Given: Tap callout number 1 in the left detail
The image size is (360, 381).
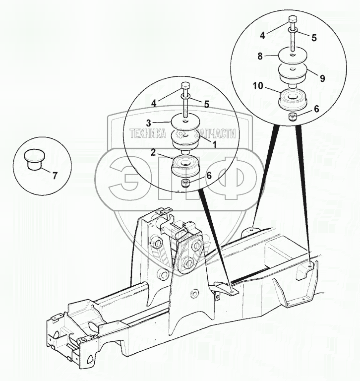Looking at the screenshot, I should tap(214, 144).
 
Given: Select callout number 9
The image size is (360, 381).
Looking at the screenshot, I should tap(322, 77).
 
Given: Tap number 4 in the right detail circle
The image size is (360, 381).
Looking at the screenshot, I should tap(263, 35).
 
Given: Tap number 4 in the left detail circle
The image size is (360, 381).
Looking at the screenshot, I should tap(154, 103).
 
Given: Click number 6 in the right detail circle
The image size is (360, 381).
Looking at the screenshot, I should tap(317, 108).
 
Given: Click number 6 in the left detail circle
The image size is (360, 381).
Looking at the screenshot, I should tap(209, 175).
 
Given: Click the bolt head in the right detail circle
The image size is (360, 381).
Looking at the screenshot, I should tap(292, 20).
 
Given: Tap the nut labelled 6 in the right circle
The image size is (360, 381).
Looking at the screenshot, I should tap(294, 117).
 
